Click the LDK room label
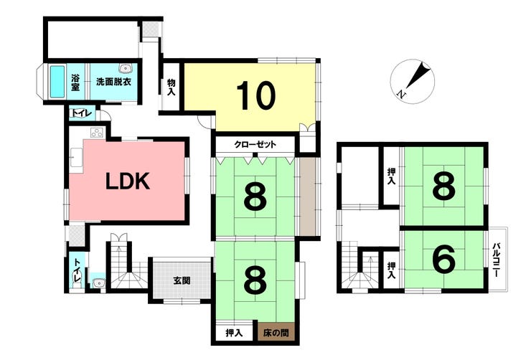[x=128, y=181]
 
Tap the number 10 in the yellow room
[x=256, y=96]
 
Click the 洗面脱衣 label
[x=113, y=82]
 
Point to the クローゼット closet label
[x=255, y=145]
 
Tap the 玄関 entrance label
[x=182, y=280]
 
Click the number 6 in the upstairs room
[x=444, y=260]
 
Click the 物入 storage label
[x=172, y=87]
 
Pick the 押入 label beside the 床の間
[x=232, y=333]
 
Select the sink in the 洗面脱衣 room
[x=127, y=70]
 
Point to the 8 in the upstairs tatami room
[x=444, y=188]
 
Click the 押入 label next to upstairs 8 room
[x=391, y=176]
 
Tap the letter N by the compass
[x=403, y=94]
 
